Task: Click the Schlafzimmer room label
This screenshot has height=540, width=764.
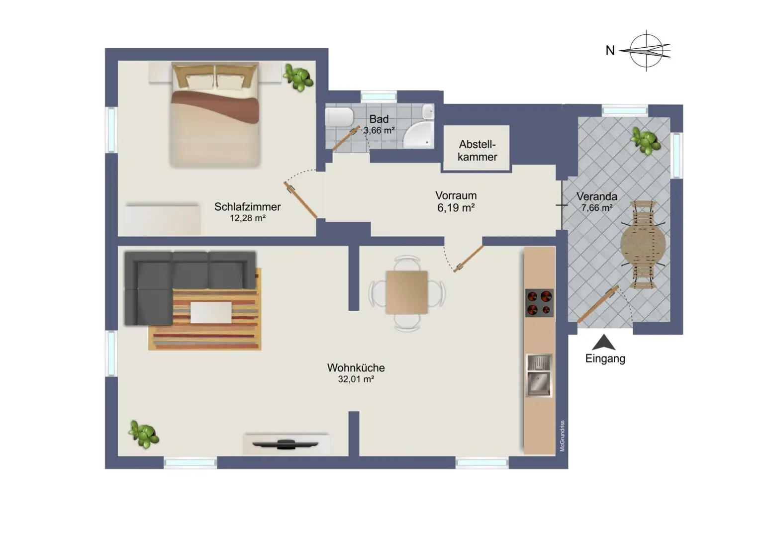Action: coord(247,206)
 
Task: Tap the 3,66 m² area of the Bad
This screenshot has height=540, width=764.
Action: coord(379,130)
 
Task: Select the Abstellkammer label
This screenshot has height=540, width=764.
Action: coord(477,150)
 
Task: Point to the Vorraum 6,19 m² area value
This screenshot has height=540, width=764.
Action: coord(456,208)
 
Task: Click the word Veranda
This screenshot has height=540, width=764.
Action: coord(597,196)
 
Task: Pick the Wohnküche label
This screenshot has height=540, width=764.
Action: coord(356,367)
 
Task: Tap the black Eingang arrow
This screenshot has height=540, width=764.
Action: coord(604,342)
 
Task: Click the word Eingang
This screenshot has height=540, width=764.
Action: coord(605,359)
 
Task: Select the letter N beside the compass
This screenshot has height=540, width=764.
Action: coord(610,50)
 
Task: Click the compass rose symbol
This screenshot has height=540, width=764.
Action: coord(646,51)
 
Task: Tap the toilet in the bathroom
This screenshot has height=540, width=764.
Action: coord(339,117)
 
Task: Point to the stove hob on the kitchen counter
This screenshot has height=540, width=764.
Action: coord(539,303)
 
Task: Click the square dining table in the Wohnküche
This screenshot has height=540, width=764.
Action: coord(406,292)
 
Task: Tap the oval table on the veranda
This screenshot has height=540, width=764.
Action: coord(643,245)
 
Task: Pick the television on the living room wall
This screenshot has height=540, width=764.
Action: coord(285,444)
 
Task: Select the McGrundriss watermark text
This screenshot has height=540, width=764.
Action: coord(563,436)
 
